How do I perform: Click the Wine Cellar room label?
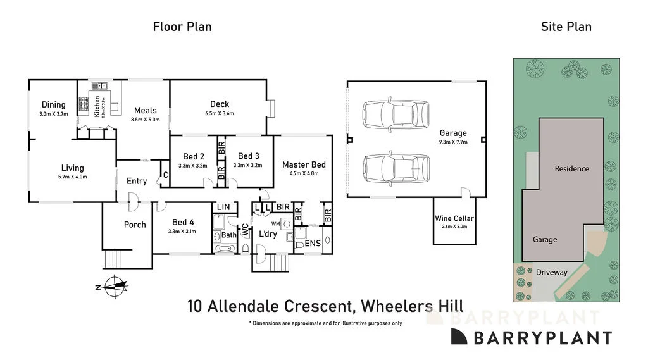click(454, 218)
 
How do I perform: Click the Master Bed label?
click(304, 164)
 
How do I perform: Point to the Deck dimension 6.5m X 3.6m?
click(220, 114)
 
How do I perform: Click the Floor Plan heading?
click(182, 27)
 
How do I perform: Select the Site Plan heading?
click(566, 27)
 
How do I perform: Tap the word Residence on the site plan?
click(571, 169)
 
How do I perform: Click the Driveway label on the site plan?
click(551, 273)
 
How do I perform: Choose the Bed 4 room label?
click(184, 222)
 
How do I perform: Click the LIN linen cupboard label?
click(223, 207)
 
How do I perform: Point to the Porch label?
click(135, 225)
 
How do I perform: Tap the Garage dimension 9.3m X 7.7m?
click(453, 142)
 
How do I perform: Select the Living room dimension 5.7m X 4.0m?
click(73, 177)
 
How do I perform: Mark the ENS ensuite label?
click(313, 243)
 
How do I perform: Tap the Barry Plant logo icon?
click(460, 337)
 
